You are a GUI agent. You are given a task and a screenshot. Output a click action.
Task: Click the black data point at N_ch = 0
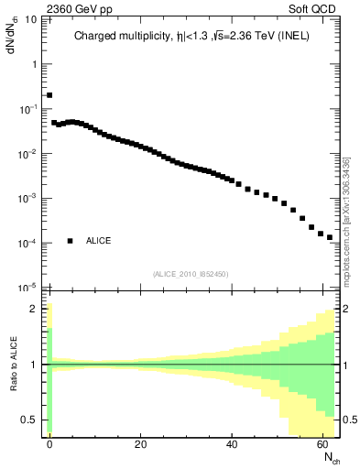[x=49, y=94]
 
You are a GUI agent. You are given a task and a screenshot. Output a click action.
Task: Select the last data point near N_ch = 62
[x=330, y=237]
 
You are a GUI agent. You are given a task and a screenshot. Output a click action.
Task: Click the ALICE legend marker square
[x=70, y=241]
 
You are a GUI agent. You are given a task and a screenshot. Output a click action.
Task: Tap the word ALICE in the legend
[x=99, y=241]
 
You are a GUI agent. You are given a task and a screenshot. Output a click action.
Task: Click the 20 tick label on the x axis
[x=140, y=444]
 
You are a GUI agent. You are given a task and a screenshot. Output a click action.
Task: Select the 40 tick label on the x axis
[x=231, y=444]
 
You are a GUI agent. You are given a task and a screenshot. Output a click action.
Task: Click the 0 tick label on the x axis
[x=49, y=444]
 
